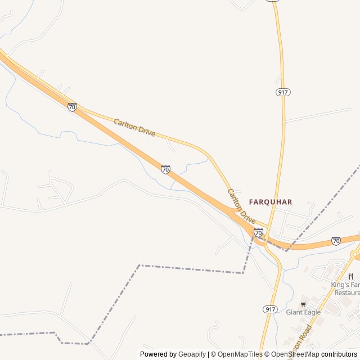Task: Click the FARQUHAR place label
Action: [271, 201]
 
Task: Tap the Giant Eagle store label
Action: [303, 312]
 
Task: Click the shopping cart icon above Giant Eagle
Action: [303, 304]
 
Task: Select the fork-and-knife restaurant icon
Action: [350, 276]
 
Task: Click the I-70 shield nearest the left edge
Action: [72, 107]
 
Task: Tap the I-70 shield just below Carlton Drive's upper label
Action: [165, 169]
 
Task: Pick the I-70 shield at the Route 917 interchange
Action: [258, 232]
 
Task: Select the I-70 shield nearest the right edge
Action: [336, 241]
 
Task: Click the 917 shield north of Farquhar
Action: [283, 92]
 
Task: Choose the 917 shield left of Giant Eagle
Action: [270, 309]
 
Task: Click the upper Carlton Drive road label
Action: [134, 127]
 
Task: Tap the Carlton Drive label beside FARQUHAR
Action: [241, 206]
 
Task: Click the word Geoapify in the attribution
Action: [191, 354]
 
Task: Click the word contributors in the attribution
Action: [339, 354]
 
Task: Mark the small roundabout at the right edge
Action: [355, 255]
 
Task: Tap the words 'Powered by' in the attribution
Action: [158, 354]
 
